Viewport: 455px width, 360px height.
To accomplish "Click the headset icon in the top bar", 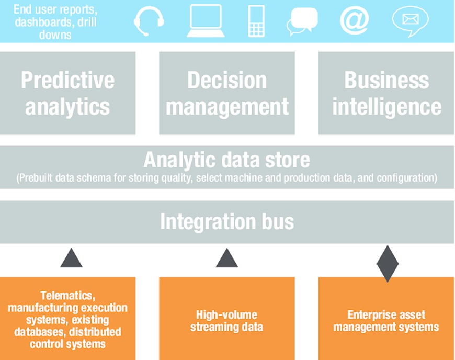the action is (x=149, y=21).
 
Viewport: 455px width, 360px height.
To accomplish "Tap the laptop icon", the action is (x=206, y=21).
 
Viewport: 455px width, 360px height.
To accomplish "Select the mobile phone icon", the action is (x=256, y=21).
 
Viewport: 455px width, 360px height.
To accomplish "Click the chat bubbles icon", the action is (x=302, y=21).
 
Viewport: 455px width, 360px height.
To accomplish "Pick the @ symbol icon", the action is (x=354, y=20).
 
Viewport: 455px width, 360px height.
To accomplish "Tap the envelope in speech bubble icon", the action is (x=411, y=21).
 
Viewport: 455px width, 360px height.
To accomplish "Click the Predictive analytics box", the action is (x=67, y=93).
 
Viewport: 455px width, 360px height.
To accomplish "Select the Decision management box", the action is (x=227, y=93).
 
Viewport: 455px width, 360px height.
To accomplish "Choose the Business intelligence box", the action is (x=386, y=93).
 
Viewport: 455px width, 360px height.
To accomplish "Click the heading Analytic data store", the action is (x=227, y=160).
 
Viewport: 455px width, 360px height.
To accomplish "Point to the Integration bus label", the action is (x=227, y=221).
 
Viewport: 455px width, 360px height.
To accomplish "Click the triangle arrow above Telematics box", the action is (x=71, y=258).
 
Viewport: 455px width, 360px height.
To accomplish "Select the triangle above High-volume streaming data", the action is (x=227, y=258).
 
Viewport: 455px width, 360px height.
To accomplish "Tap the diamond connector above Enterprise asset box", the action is (x=388, y=264).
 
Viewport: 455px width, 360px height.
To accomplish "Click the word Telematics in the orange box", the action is (x=67, y=295).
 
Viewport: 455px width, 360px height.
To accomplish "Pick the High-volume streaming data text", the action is (x=226, y=321).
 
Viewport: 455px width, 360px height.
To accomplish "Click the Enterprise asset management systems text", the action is (x=386, y=321).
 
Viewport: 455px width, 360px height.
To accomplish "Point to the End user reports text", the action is (x=55, y=9).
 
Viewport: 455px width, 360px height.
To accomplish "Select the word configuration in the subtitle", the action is (x=407, y=178).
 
